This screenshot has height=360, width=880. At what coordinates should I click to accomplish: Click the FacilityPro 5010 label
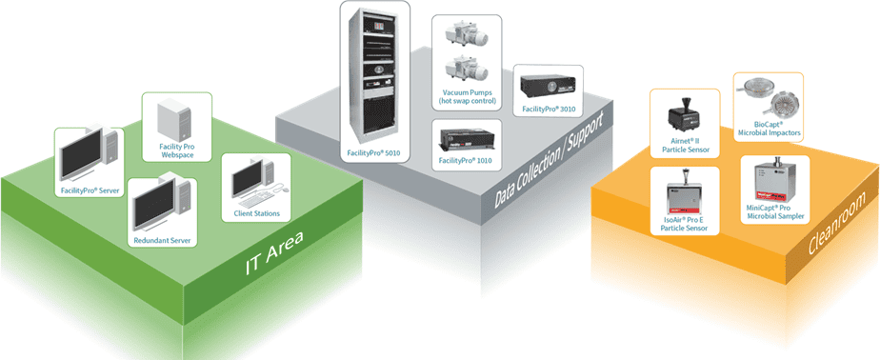(375, 151)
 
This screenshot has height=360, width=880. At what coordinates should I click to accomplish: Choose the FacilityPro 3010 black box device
(546, 87)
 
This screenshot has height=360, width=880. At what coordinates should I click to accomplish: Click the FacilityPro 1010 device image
(465, 140)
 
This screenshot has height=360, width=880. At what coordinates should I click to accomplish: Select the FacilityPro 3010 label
(546, 110)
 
